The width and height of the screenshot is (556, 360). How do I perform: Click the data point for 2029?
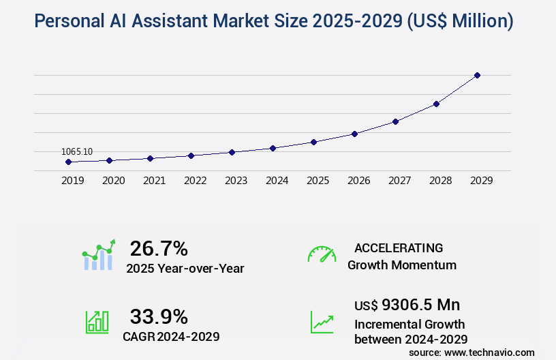coord(477,75)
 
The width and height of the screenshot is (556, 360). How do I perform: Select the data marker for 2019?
coord(68,162)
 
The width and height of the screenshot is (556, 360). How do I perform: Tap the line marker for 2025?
coord(313,142)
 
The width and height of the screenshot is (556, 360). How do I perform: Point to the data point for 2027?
coord(395,121)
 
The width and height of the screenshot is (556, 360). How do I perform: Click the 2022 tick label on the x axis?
coord(195,181)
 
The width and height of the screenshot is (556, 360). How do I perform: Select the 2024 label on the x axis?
coord(277,181)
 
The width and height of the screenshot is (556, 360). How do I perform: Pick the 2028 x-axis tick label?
coord(440,181)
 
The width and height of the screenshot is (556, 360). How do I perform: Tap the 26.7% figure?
coord(159,248)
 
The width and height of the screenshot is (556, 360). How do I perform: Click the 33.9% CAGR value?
coord(159,316)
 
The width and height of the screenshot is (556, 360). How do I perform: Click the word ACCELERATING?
coord(399,248)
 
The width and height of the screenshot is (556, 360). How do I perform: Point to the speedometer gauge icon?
coord(322,254)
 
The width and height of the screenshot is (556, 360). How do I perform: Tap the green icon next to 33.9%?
coord(97,322)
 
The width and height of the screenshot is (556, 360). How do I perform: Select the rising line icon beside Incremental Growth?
coord(322,322)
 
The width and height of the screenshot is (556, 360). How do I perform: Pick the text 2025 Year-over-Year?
coord(185,269)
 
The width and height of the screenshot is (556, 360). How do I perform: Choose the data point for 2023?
coord(232,152)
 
